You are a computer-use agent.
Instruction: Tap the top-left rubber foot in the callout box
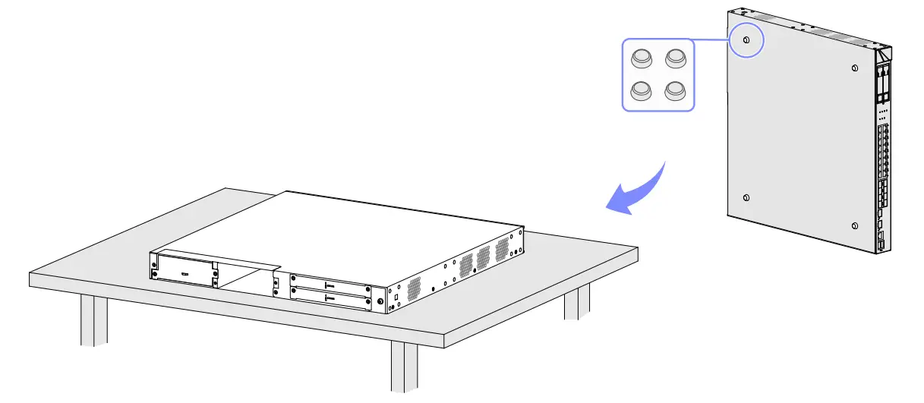pyautogui.click(x=642, y=58)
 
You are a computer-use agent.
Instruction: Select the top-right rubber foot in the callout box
pyautogui.click(x=675, y=58)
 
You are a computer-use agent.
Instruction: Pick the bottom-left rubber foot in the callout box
pyautogui.click(x=642, y=90)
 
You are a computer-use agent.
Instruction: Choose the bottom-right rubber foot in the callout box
pyautogui.click(x=675, y=90)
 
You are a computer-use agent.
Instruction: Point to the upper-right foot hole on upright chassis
pyautogui.click(x=855, y=68)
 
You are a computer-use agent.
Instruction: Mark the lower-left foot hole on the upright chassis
pyautogui.click(x=746, y=198)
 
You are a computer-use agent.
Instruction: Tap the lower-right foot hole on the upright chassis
pyautogui.click(x=856, y=226)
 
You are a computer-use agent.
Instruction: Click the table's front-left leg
pyautogui.click(x=94, y=319)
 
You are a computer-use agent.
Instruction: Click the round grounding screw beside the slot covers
pyautogui.click(x=380, y=301)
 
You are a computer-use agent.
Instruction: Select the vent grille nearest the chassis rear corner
pyautogui.click(x=413, y=286)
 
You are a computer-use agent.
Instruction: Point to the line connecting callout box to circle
pyautogui.click(x=714, y=40)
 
